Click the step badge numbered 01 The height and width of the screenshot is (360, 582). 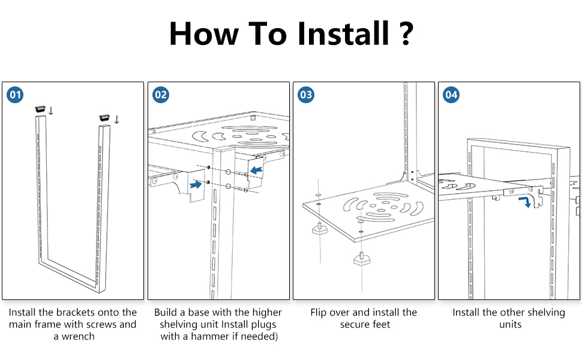point(15,95)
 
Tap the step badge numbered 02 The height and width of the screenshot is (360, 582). point(161,95)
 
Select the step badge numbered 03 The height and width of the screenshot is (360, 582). point(306,95)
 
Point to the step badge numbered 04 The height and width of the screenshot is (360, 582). point(451,95)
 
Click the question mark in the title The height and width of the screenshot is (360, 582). point(405,34)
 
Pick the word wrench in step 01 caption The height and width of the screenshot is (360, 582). point(79,337)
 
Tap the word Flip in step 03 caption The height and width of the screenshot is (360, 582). point(321,313)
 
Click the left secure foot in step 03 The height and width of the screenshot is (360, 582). point(318,229)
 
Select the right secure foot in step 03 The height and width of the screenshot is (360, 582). point(361,259)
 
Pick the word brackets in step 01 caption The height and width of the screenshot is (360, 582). point(80,313)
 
